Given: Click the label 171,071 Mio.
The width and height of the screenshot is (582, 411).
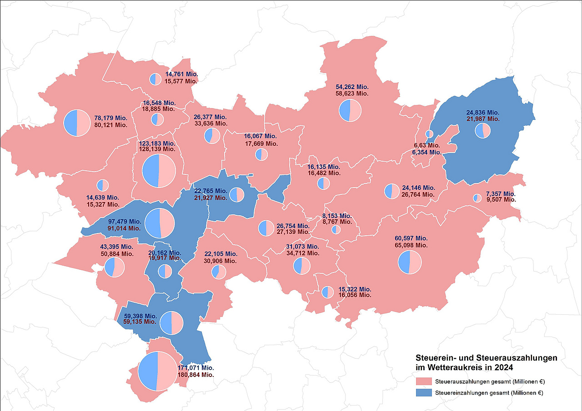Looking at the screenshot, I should click(196, 367).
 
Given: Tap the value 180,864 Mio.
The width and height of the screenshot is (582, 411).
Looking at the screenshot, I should click(196, 375).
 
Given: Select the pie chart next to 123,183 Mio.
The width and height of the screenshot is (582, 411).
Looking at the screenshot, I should click(159, 170).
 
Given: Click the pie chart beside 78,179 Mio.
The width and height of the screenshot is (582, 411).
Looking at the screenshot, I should click(77, 123).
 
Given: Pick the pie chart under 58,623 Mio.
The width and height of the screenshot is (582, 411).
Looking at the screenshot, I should click(350, 110).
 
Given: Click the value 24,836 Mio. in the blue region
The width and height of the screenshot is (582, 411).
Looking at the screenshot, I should click(482, 112).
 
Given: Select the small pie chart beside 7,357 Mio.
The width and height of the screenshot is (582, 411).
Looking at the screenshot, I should click(477, 198).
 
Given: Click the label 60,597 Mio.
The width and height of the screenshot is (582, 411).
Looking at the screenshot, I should click(411, 238).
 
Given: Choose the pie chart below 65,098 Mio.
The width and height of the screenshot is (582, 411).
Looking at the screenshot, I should click(410, 262).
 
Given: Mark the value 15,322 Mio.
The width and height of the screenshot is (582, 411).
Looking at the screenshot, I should click(355, 289).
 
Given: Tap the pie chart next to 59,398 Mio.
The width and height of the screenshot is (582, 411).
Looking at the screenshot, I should click(171, 323).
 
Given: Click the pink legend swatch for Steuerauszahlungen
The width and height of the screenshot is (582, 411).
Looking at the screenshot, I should click(423, 381).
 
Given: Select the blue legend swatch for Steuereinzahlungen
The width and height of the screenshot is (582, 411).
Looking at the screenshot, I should click(423, 392).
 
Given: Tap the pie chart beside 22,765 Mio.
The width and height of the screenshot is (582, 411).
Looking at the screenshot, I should click(237, 194).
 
